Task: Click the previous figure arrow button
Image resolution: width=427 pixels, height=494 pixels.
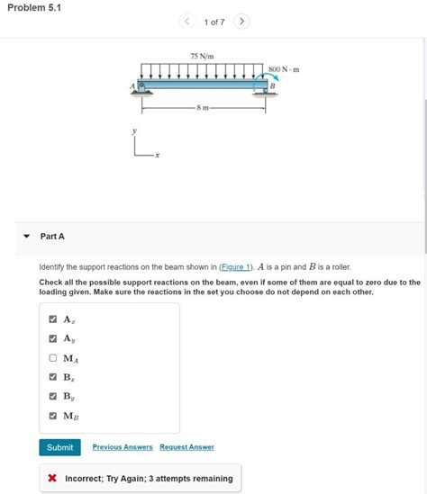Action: [x=186, y=22]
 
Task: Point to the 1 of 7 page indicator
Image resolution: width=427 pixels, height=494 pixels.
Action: [x=214, y=22]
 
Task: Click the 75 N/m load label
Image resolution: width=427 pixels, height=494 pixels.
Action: [x=202, y=57]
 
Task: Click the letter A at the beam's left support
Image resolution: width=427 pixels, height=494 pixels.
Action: [x=132, y=86]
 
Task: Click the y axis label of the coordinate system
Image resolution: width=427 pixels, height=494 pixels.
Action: [x=134, y=131]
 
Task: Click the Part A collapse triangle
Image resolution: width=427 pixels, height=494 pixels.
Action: [x=26, y=237]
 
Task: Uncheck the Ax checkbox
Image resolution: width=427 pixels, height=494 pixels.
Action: [x=53, y=319]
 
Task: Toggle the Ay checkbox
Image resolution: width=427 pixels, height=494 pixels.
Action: [x=53, y=338]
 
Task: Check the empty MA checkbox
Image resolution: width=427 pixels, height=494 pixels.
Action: [x=53, y=358]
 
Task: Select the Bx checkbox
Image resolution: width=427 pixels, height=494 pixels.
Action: [x=53, y=377]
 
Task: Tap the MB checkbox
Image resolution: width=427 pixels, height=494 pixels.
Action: [x=53, y=416]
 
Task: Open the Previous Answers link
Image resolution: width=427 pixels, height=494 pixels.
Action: [x=123, y=447]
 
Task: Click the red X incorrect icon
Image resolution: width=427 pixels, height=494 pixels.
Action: [x=53, y=479]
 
